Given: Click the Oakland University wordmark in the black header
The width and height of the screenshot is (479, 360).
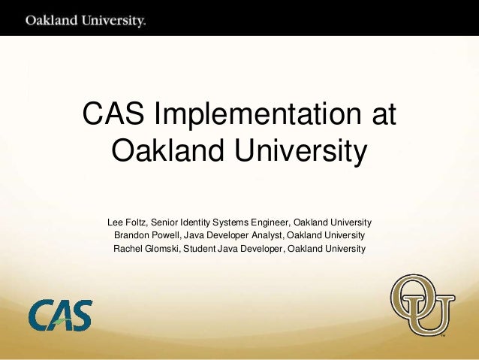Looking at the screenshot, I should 86,20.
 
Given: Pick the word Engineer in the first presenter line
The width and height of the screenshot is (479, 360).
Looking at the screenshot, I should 269,223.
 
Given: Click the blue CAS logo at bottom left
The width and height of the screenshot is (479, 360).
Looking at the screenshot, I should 61,315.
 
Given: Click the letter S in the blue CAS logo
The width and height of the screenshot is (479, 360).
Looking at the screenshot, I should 81,315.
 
